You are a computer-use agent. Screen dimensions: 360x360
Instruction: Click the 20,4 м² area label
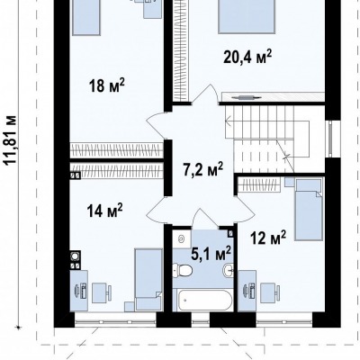click(x=247, y=57)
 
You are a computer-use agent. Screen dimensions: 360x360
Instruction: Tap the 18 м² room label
click(x=106, y=85)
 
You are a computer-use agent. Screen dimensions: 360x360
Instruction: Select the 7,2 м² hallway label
click(x=203, y=169)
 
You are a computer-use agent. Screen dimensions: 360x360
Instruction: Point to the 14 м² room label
click(x=104, y=211)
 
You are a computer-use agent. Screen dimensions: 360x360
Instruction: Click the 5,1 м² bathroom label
click(x=211, y=254)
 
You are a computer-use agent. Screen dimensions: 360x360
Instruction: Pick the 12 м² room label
click(x=268, y=238)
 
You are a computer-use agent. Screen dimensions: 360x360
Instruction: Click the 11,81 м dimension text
click(x=11, y=139)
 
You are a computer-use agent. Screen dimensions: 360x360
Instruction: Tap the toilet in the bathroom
click(x=183, y=270)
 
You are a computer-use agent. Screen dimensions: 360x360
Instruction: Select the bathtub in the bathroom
click(x=204, y=300)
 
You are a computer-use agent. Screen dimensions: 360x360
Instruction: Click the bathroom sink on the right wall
click(x=229, y=270)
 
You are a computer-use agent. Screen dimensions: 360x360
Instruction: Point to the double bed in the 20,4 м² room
click(x=247, y=16)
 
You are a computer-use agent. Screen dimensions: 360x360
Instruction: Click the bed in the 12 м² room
click(x=309, y=209)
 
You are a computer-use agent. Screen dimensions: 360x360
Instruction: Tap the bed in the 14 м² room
click(x=148, y=280)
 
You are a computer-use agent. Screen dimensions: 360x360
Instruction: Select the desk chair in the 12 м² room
click(x=270, y=292)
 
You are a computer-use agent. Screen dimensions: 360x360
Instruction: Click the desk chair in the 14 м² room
click(x=102, y=292)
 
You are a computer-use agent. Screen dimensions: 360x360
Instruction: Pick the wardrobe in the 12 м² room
click(x=259, y=184)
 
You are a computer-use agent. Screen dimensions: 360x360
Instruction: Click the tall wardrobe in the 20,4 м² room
click(x=181, y=51)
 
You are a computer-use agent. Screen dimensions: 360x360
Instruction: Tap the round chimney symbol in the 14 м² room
click(x=75, y=256)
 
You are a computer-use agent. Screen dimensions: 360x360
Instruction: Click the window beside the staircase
click(x=330, y=139)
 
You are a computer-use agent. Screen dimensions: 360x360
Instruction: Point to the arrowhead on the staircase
click(x=227, y=122)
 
